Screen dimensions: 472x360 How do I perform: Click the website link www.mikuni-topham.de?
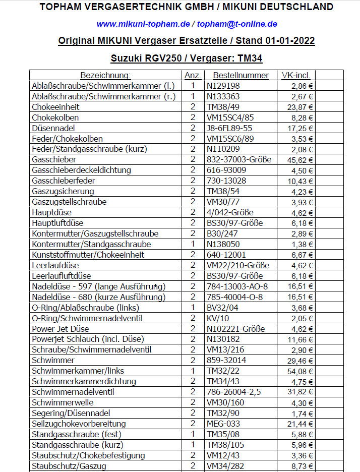point(143,24)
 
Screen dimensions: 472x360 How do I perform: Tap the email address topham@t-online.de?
point(237,24)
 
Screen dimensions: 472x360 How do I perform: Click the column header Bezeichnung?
point(105,75)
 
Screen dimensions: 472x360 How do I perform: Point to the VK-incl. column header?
point(297,75)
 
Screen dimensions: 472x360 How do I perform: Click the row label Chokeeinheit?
point(55,107)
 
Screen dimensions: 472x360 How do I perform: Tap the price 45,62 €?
point(301,160)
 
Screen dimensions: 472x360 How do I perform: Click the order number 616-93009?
point(226,170)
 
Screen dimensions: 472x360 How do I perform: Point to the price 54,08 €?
point(301,371)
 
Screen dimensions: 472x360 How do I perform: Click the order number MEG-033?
point(223,424)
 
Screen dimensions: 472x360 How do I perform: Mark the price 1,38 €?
point(303,244)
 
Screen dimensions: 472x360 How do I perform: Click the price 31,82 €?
point(301,392)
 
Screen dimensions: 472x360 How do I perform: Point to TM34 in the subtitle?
point(250,58)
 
